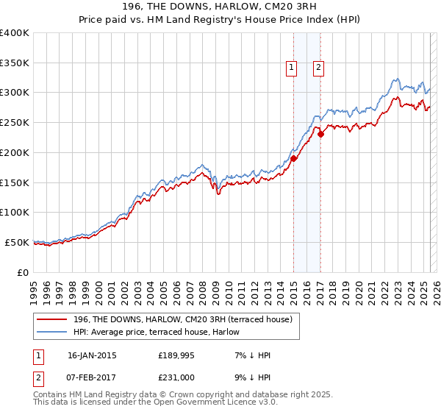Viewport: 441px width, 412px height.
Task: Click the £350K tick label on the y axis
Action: [x=15, y=63]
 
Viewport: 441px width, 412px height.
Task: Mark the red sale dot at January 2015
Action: [x=294, y=158]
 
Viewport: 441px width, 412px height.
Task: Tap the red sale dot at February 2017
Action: [x=321, y=134]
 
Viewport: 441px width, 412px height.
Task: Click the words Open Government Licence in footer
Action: [x=208, y=402]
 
